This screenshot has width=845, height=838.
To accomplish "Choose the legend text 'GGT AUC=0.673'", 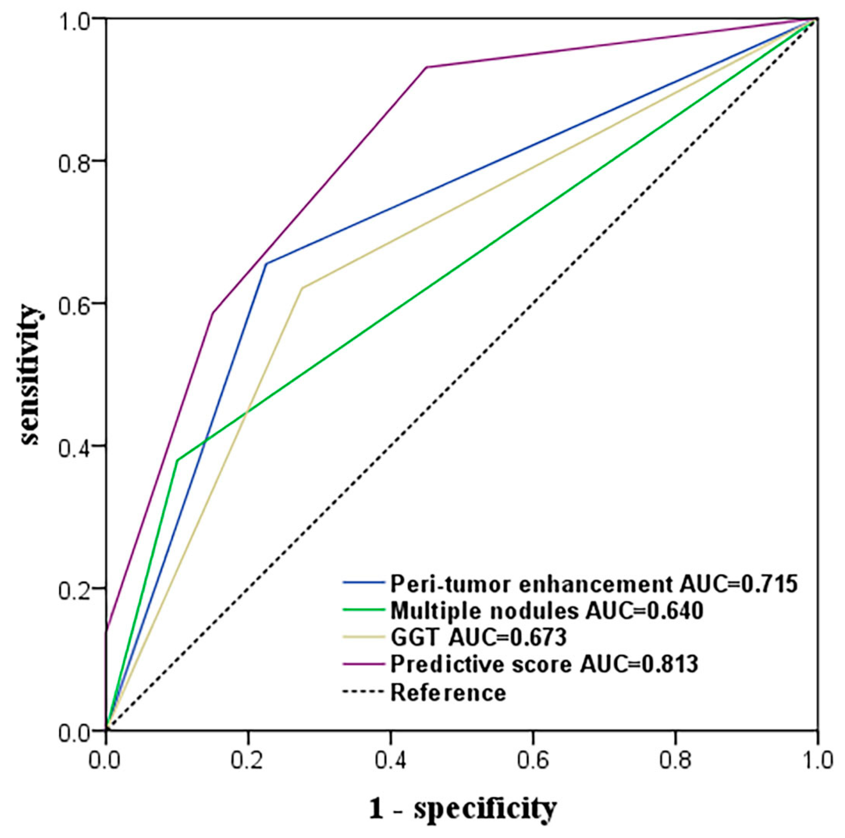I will pyautogui.click(x=479, y=637).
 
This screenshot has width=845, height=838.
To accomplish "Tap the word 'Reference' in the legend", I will pyautogui.click(x=448, y=692).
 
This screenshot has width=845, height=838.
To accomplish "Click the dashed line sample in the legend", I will pyautogui.click(x=364, y=692).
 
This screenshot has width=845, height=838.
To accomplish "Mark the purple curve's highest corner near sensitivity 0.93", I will pyautogui.click(x=426, y=67).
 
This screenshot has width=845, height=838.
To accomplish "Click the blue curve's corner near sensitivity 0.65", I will pyautogui.click(x=266, y=263).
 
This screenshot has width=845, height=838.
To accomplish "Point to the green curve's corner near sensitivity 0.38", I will pyautogui.click(x=177, y=460).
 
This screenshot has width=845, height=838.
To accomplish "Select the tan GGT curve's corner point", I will pyautogui.click(x=302, y=288).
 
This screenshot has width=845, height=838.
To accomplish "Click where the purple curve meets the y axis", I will pyautogui.click(x=106, y=632).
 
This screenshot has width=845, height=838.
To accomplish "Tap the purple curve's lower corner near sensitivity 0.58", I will pyautogui.click(x=213, y=313).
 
